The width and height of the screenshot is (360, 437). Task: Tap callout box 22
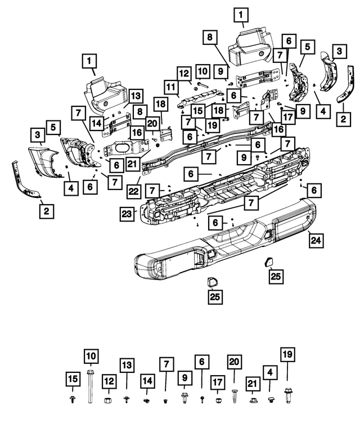tap(133, 191)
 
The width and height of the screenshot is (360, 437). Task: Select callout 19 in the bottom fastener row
tap(287, 354)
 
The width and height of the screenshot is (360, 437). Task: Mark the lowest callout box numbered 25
tap(214, 296)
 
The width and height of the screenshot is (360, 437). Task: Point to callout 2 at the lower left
tap(46, 211)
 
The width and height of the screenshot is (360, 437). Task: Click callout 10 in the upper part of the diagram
tap(202, 71)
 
